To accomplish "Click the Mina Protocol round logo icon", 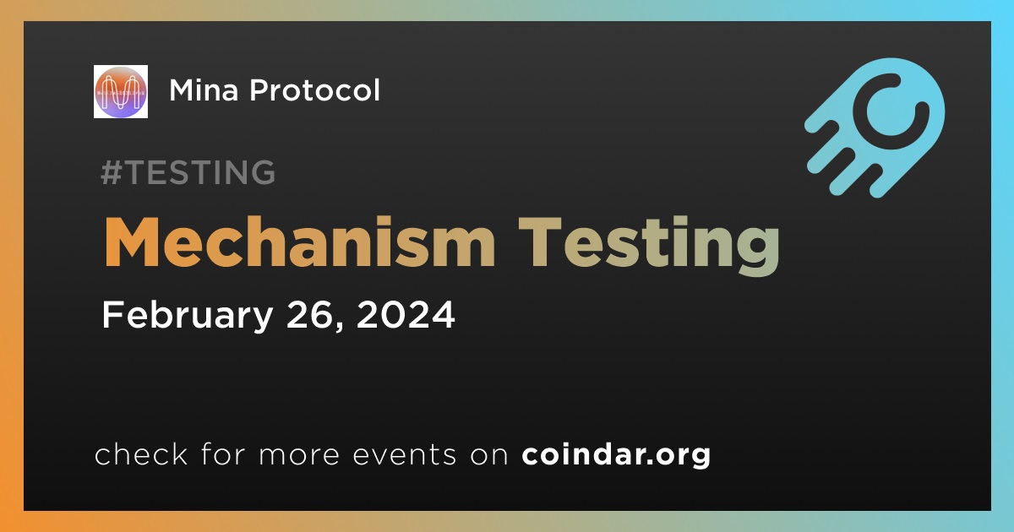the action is [120, 91].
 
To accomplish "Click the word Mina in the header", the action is [204, 90].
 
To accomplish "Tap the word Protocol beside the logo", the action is [314, 90].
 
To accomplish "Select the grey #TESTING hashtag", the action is [188, 172].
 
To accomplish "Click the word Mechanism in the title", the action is [300, 242].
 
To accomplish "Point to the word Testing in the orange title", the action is [649, 245].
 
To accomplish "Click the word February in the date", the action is [188, 316].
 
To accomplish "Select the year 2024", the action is [405, 314].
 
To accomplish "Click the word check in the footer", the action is [141, 453].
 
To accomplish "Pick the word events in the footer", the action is [405, 454].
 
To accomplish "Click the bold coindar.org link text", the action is [616, 455].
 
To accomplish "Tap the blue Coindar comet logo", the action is [875, 128].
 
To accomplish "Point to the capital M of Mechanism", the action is [132, 242].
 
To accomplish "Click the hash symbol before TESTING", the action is [111, 172].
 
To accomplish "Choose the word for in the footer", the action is [223, 453].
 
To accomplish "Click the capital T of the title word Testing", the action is [540, 242].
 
